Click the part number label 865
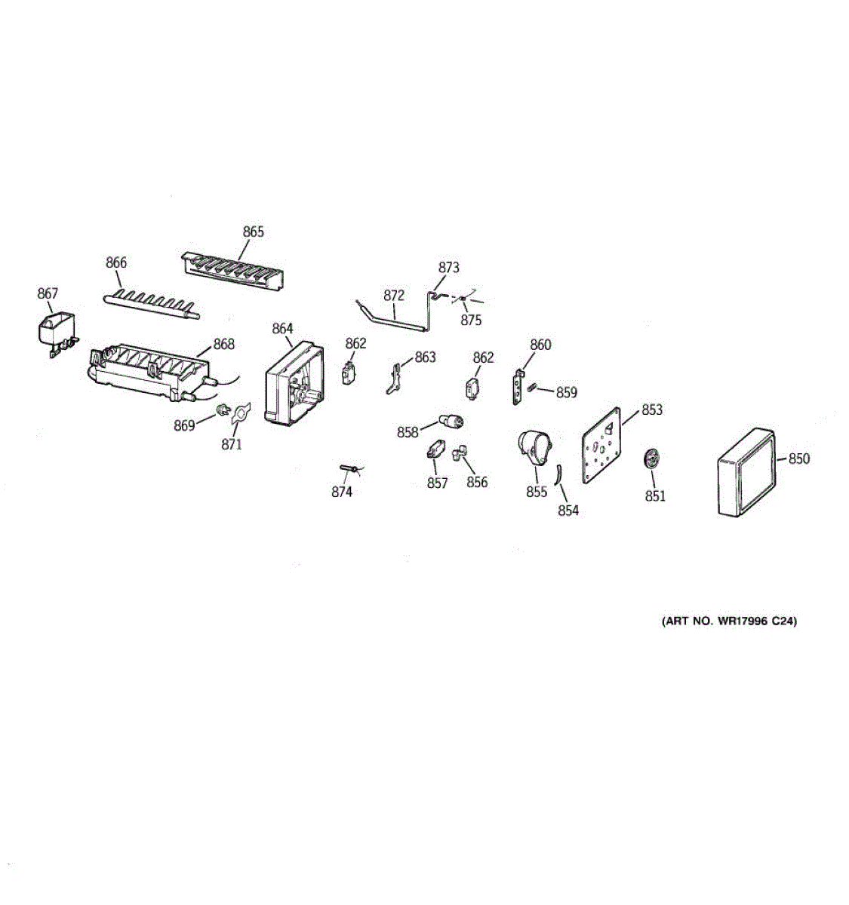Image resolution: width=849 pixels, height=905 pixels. pyautogui.click(x=254, y=232)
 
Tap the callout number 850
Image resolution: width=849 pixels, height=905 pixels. pyautogui.click(x=799, y=459)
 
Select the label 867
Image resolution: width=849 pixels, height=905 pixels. pyautogui.click(x=48, y=293)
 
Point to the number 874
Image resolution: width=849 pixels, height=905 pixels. pyautogui.click(x=342, y=492)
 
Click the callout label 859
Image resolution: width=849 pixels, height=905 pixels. pyautogui.click(x=566, y=392)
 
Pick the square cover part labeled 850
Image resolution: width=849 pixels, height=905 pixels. pyautogui.click(x=746, y=472)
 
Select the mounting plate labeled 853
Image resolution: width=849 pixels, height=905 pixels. pyautogui.click(x=601, y=445)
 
